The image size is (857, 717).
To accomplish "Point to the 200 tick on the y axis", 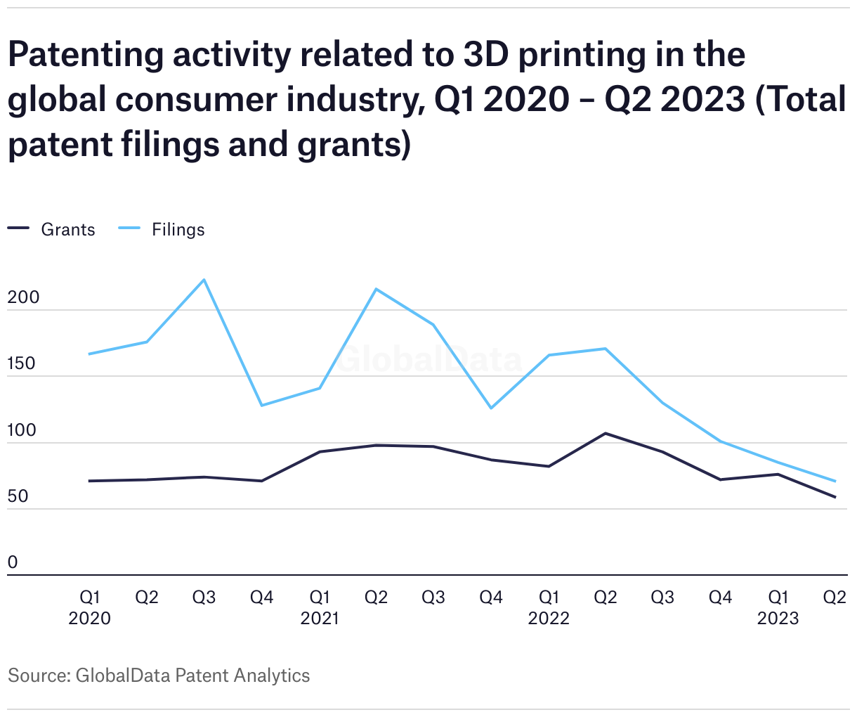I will [x=23, y=298].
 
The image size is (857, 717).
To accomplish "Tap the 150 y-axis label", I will [x=22, y=364].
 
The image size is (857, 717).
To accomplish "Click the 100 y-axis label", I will [x=22, y=430].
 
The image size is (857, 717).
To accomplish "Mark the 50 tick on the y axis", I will [x=18, y=496].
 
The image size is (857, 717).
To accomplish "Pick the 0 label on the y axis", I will [x=13, y=562].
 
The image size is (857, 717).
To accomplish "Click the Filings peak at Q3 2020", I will [x=204, y=280].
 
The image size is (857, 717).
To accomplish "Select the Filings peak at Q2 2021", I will [x=377, y=289].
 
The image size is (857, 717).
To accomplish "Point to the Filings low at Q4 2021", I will [x=491, y=408].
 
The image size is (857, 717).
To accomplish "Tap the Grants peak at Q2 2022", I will [x=606, y=433].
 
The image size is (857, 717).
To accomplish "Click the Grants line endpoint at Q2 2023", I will [x=835, y=497].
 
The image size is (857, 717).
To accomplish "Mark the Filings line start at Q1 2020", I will [x=89, y=354].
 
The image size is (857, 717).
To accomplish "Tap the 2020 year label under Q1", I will [x=89, y=619].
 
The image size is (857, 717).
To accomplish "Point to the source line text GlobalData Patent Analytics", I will [x=192, y=676].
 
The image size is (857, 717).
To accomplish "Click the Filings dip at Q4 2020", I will [x=261, y=406].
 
